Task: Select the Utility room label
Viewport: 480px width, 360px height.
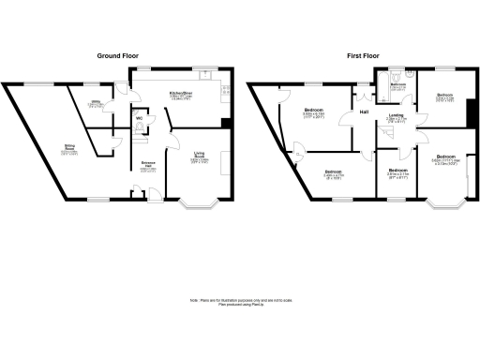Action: pyautogui.click(x=96, y=104)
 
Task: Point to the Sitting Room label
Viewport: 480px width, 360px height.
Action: pyautogui.click(x=70, y=148)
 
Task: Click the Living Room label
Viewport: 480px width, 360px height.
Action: pyautogui.click(x=200, y=157)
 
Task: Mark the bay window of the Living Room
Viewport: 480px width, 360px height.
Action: pyautogui.click(x=200, y=203)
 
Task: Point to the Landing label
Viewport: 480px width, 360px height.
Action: pyautogui.click(x=397, y=116)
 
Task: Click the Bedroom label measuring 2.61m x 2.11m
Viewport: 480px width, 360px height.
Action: pyautogui.click(x=397, y=172)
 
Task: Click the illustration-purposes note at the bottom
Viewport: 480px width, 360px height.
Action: pyautogui.click(x=239, y=302)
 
